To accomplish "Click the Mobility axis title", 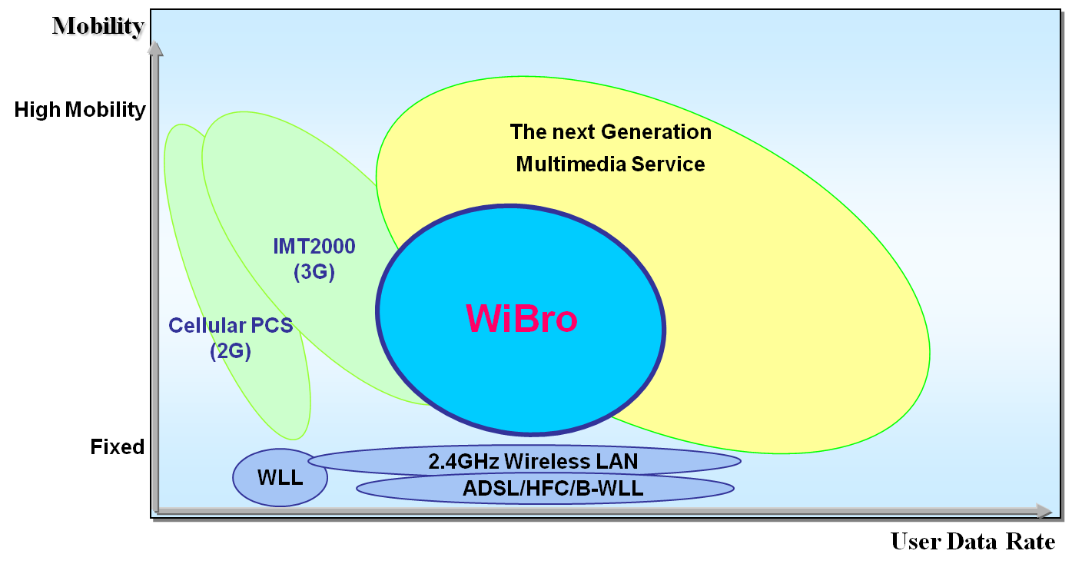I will tap(99, 27).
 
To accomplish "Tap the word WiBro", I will tap(521, 317).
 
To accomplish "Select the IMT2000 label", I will tap(314, 247).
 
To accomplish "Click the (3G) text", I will tap(314, 272).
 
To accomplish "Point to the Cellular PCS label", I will tap(231, 326).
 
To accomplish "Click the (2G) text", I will tap(231, 352).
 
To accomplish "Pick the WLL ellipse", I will tap(280, 478).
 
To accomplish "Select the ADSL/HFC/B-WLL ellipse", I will tap(546, 489).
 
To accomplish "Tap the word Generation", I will tap(656, 132).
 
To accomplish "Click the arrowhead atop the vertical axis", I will tap(155, 48).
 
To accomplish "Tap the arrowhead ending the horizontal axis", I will tap(1044, 511).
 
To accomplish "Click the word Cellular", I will tap(198, 326).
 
